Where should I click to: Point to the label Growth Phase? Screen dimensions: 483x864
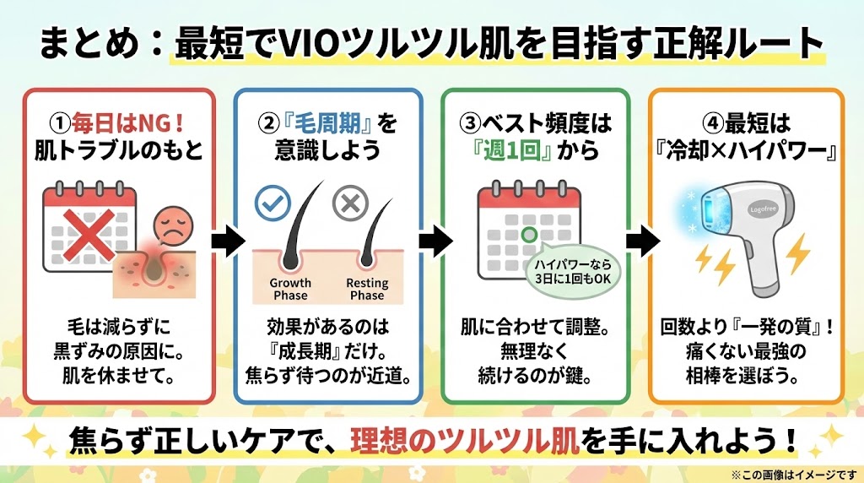coord(290,289)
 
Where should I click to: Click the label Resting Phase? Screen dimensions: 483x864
coord(367,289)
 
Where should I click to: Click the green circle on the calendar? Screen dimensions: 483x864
coord(529,234)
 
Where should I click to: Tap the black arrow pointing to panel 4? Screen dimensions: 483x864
coord(640,242)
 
